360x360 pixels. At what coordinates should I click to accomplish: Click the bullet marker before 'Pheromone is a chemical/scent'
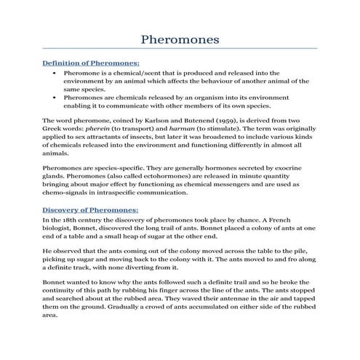coord(55,73)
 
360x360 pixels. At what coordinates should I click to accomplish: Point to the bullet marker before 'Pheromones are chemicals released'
coord(55,95)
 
